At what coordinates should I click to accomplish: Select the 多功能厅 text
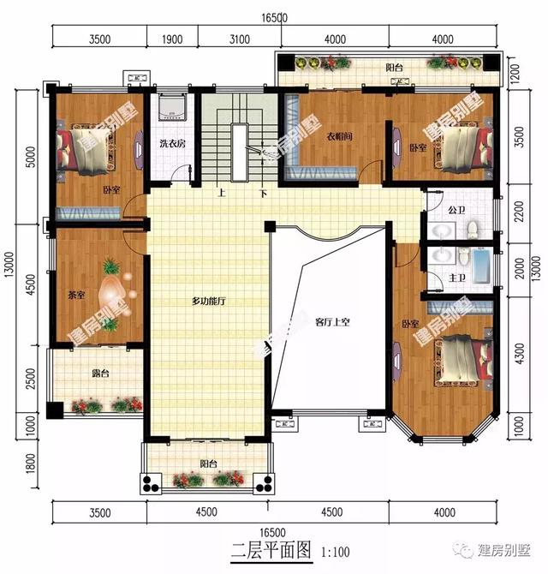(x=207, y=301)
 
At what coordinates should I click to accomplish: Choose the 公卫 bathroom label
(x=455, y=209)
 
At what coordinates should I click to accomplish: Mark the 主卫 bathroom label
(x=455, y=278)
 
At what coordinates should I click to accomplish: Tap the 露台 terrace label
(x=100, y=374)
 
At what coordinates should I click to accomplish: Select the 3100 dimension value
(x=239, y=39)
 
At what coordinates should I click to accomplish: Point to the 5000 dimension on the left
(x=31, y=157)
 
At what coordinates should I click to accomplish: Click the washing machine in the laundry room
(x=174, y=106)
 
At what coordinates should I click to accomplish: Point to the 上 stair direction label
(x=221, y=193)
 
